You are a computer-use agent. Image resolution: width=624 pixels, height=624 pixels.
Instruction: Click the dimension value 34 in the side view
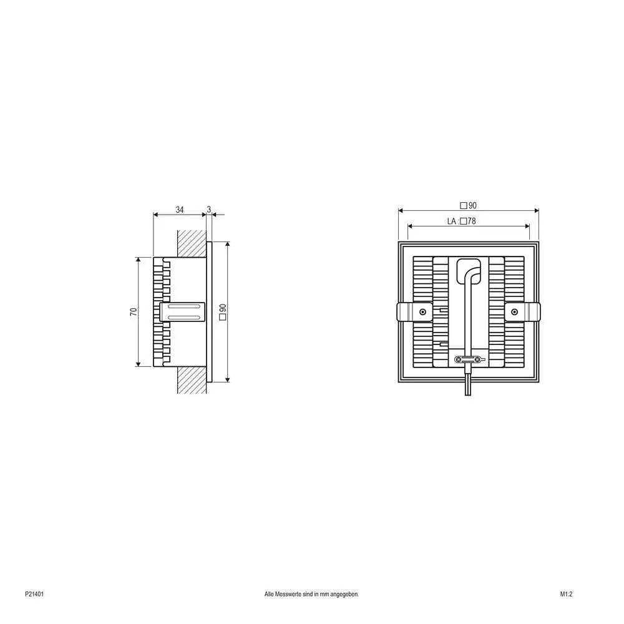click(x=180, y=210)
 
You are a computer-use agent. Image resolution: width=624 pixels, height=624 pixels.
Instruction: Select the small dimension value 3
click(x=209, y=210)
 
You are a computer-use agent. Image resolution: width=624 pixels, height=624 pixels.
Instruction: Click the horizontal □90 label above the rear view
click(x=468, y=205)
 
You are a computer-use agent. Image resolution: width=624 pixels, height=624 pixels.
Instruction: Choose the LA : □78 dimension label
click(x=462, y=221)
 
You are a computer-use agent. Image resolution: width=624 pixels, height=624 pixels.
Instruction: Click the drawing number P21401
click(x=34, y=595)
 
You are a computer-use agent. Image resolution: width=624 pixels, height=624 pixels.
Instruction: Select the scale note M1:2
click(x=566, y=595)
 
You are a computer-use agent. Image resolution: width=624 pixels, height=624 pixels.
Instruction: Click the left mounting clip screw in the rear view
click(x=423, y=312)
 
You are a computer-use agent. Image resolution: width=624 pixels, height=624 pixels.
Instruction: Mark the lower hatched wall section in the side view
click(x=192, y=380)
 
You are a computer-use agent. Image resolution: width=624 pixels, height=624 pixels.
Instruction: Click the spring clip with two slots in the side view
click(x=183, y=311)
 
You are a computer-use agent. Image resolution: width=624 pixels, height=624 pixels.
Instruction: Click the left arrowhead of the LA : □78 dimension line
click(x=409, y=227)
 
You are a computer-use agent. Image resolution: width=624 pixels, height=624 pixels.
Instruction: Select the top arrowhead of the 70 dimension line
click(x=137, y=259)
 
